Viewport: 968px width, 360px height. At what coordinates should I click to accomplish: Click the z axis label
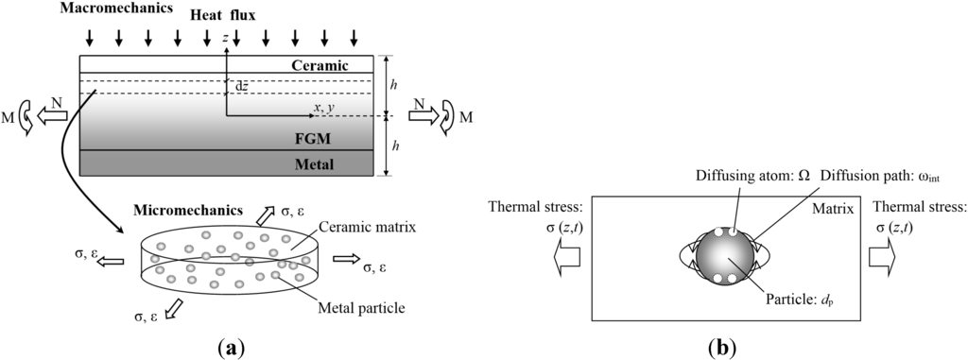(x=225, y=38)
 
